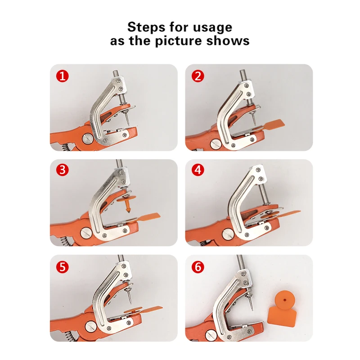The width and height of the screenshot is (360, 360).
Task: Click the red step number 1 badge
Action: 63,76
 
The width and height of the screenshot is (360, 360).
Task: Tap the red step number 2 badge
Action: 198,76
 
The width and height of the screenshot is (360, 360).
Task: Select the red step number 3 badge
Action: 63,170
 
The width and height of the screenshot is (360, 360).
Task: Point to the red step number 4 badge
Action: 198,170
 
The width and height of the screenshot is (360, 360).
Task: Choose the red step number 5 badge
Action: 63,267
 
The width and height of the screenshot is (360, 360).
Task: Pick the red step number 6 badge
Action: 198,267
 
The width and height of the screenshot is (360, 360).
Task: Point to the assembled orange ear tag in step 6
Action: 282,307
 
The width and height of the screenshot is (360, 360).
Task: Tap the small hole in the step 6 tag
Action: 285,300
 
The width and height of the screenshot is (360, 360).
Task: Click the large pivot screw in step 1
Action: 88,139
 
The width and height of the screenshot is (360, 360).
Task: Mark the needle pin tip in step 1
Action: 128,125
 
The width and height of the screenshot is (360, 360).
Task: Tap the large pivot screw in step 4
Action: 228,234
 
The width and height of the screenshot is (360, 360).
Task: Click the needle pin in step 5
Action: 129,297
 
